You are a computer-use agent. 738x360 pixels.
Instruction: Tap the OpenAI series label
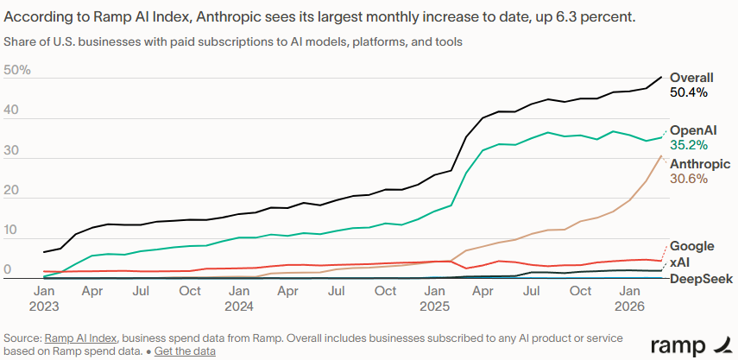pyautogui.click(x=693, y=129)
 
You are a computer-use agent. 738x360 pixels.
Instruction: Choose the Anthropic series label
pyautogui.click(x=700, y=164)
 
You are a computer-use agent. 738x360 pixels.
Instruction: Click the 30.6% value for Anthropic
pyautogui.click(x=689, y=179)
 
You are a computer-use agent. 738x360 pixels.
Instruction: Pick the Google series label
pyautogui.click(x=691, y=246)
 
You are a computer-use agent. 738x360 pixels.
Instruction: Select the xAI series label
pyautogui.click(x=679, y=262)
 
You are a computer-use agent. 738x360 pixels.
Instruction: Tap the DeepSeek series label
pyautogui.click(x=701, y=278)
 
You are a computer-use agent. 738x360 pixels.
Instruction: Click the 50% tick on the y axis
pyautogui.click(x=17, y=70)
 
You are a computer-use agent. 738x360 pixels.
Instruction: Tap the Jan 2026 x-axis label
pyautogui.click(x=631, y=298)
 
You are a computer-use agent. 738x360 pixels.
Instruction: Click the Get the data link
pyautogui.click(x=185, y=351)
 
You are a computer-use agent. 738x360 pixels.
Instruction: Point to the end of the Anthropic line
pyautogui.click(x=661, y=155)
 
